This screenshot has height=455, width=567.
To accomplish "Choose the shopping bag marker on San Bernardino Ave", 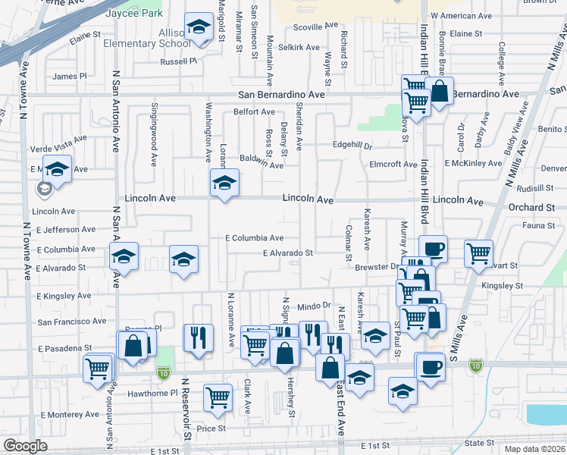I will [x=440, y=92].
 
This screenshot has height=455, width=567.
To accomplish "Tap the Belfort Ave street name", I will [x=254, y=111].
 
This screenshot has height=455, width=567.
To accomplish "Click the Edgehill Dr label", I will [x=352, y=146].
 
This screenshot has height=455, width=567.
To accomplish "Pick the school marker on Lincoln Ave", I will [x=224, y=184].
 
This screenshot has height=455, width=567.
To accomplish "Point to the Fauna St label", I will [x=540, y=225].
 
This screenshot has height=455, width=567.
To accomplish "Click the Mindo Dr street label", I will [x=315, y=306].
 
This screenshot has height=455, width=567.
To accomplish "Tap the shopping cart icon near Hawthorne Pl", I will [x=218, y=397].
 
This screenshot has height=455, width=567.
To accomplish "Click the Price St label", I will [x=211, y=428].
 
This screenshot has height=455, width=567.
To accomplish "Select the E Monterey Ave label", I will [x=70, y=414].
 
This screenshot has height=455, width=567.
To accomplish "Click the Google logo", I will [x=25, y=446].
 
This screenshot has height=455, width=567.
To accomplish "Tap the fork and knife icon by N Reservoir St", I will [x=198, y=336].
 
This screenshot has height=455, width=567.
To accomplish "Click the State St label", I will [x=479, y=443].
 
